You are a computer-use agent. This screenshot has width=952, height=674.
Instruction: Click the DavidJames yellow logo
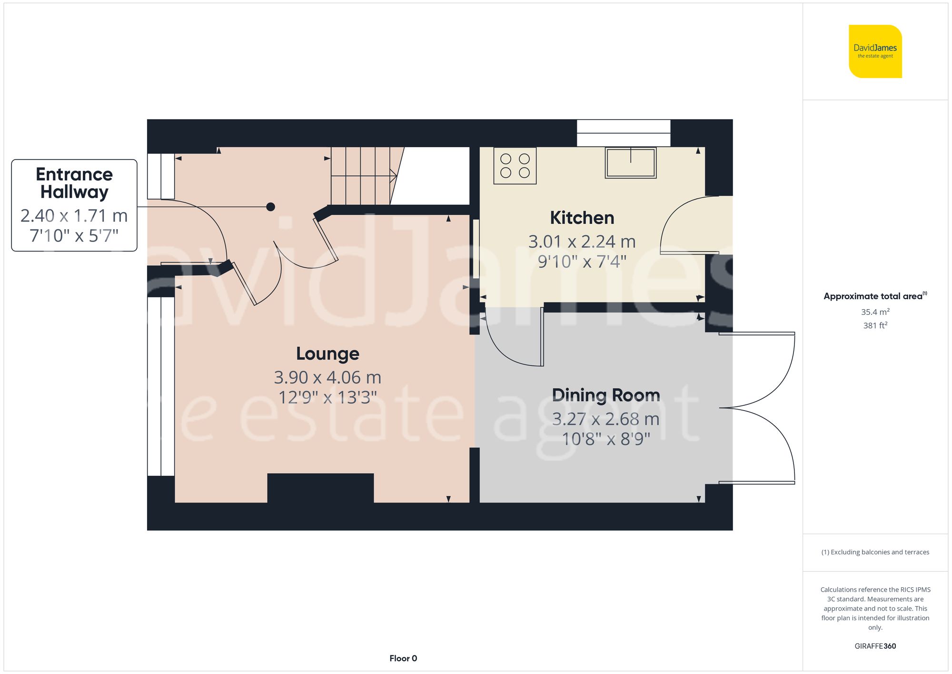(875, 51)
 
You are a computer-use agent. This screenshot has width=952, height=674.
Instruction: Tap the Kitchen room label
(582, 218)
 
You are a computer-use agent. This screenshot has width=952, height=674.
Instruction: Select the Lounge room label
(327, 353)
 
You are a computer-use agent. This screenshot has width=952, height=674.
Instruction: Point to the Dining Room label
(605, 395)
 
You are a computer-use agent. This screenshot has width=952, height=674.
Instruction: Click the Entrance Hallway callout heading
(74, 183)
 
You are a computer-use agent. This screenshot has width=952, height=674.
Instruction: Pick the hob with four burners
(515, 165)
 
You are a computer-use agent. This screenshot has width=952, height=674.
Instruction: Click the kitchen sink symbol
(630, 162)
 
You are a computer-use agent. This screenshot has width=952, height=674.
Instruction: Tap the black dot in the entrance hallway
(270, 207)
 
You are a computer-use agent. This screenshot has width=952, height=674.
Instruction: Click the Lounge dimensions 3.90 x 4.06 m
(327, 377)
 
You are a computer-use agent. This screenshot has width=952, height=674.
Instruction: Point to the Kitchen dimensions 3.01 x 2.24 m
(582, 241)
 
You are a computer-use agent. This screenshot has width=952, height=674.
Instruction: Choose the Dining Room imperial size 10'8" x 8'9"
(605, 439)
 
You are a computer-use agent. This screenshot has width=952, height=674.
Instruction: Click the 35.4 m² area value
(875, 312)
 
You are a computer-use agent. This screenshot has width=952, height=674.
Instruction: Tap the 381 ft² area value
(875, 325)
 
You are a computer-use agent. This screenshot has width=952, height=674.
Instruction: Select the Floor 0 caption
(403, 658)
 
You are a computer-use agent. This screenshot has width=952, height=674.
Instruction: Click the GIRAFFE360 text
(875, 646)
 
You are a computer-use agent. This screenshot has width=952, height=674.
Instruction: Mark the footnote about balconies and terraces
(875, 552)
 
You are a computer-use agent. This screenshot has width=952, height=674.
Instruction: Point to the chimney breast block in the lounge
(320, 488)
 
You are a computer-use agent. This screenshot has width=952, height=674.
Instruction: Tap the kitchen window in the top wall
(624, 133)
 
